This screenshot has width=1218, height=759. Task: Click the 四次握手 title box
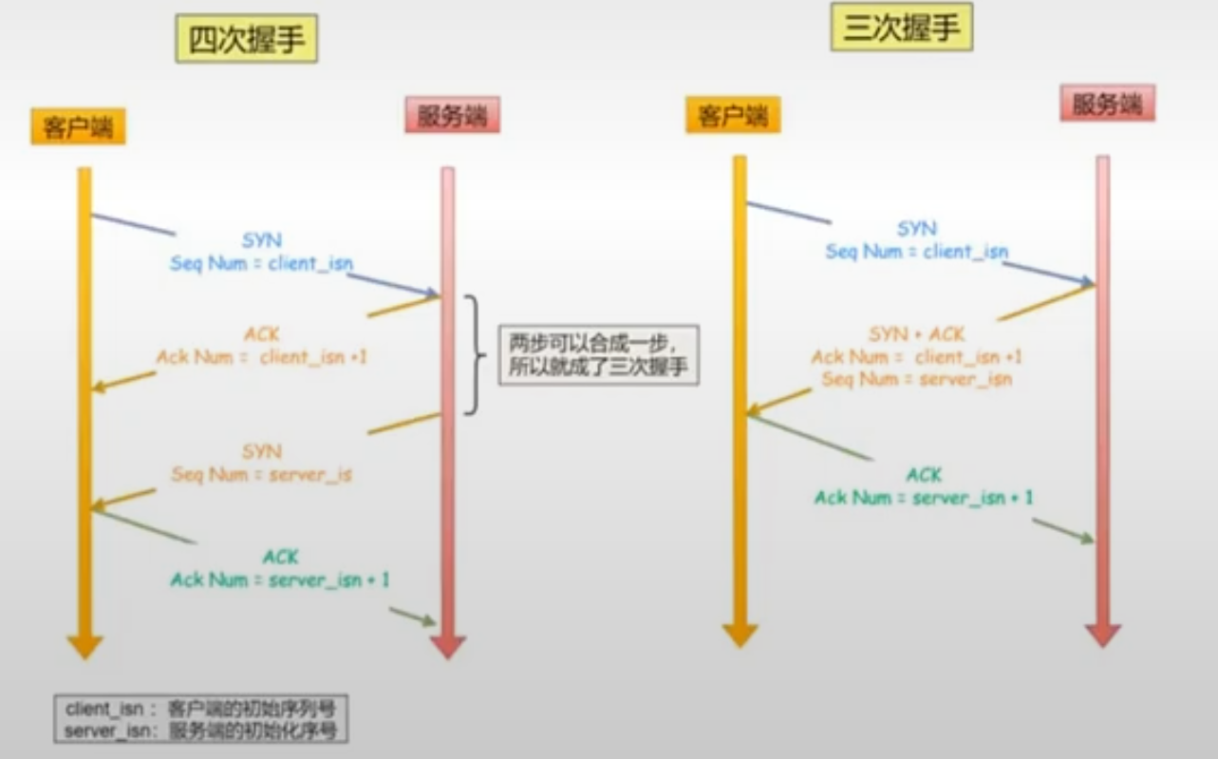coord(246,42)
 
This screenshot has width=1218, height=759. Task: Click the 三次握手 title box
coord(901,28)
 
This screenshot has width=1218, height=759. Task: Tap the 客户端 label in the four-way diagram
coord(78,127)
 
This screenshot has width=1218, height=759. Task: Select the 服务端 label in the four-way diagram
coord(452,115)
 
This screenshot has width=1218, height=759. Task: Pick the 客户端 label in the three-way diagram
coord(733,116)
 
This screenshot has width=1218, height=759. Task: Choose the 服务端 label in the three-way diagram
coord(1107,104)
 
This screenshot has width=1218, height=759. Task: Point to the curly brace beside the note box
coord(474,354)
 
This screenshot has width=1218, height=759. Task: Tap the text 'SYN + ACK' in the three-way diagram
coord(916,334)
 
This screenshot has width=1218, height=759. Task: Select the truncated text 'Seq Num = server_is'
coord(261,474)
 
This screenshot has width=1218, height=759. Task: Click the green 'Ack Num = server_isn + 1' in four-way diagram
coord(279,579)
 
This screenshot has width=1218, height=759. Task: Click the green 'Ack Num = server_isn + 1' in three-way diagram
coord(924,498)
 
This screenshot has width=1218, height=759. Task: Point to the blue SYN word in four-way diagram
coord(262,241)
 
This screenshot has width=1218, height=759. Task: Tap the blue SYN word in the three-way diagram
coord(917,229)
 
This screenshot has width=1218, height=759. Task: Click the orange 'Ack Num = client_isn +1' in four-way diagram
coord(262,357)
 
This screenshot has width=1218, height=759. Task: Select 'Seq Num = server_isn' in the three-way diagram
coord(916,379)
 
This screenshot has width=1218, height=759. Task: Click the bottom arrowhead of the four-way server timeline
coord(448,647)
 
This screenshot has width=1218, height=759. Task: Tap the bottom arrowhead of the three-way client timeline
coord(740,636)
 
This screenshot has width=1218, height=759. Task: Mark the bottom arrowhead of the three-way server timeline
coord(1103,636)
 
